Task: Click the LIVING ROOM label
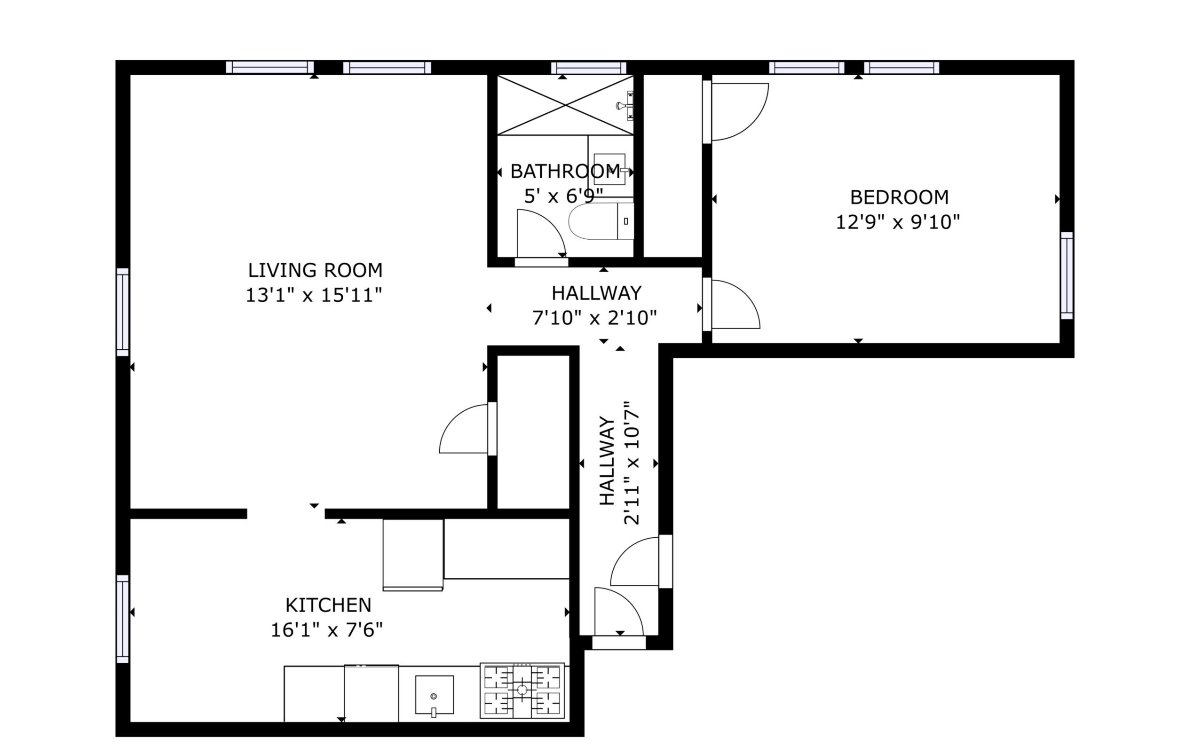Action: (x=315, y=270)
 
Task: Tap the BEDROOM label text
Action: (x=899, y=197)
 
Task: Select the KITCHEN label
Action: (x=328, y=605)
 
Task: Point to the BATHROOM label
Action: (x=565, y=172)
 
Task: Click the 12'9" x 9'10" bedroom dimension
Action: (x=898, y=222)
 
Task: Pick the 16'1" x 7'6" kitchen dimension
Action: (x=327, y=630)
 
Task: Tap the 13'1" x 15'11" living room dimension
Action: (x=314, y=296)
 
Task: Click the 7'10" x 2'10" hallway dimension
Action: (x=594, y=318)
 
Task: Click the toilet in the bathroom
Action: (x=601, y=221)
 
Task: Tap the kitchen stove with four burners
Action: (x=522, y=690)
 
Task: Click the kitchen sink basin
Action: (x=434, y=695)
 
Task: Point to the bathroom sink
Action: (x=610, y=169)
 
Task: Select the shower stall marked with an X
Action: (x=565, y=105)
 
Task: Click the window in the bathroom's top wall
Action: (x=588, y=68)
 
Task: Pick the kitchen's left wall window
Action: (x=123, y=619)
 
